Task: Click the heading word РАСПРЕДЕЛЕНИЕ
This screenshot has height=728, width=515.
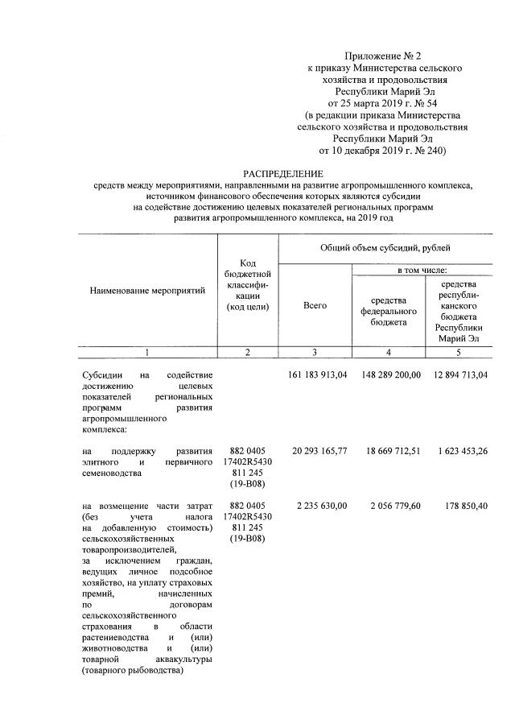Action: tap(283, 174)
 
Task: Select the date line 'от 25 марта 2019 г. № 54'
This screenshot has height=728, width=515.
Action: tap(377, 104)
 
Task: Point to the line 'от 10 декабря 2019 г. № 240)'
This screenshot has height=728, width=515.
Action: tap(377, 151)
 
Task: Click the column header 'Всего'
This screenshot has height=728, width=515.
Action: tap(315, 306)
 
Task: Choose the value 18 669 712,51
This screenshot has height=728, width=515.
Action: tap(389, 450)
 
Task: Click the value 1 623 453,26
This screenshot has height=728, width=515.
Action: tap(459, 450)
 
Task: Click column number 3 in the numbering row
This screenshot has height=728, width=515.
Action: tap(315, 352)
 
